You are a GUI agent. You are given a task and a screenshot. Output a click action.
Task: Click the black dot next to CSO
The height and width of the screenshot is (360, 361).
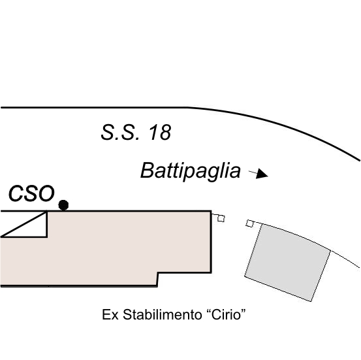(x=63, y=205)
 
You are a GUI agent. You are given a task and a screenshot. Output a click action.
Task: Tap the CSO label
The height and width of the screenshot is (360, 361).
(x=31, y=193)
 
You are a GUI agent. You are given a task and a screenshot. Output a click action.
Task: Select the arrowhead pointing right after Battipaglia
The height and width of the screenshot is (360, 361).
(x=262, y=173)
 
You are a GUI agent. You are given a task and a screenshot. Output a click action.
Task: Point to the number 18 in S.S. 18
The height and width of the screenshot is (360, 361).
(x=160, y=132)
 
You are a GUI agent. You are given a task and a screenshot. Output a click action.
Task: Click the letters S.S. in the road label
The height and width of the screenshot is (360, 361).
(x=120, y=132)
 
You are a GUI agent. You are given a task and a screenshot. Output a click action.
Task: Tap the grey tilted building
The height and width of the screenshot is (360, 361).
(x=287, y=262)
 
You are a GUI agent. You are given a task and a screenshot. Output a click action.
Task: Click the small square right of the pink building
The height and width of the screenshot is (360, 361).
(x=221, y=218)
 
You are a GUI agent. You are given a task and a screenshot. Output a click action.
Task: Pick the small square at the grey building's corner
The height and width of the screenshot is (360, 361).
(x=249, y=223)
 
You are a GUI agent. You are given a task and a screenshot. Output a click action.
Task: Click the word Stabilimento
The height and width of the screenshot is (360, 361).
(x=163, y=314)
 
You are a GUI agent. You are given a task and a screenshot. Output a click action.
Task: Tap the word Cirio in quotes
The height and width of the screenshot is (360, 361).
(x=226, y=314)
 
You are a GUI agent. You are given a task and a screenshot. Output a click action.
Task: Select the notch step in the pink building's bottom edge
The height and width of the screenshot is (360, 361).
(x=157, y=280)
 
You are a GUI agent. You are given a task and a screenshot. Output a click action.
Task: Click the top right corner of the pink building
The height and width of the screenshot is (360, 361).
(x=211, y=211)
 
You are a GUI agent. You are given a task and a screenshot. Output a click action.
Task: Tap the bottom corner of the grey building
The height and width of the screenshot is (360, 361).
(x=311, y=301)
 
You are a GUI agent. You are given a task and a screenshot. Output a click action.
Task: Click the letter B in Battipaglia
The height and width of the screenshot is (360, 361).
(x=147, y=170)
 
